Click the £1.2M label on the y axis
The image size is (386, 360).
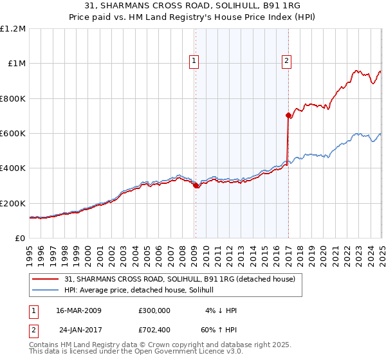click(13, 28)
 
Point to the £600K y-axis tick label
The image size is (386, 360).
click(13, 133)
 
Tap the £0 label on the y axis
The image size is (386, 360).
click(21, 238)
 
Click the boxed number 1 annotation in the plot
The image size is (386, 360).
click(194, 62)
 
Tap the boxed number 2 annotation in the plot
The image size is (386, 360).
click(286, 62)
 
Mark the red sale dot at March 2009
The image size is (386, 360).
click(196, 186)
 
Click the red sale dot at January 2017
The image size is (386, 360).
click(288, 116)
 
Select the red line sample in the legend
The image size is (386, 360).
click(45, 279)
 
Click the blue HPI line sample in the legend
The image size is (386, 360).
click(45, 290)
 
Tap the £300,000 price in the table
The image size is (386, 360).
click(154, 310)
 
